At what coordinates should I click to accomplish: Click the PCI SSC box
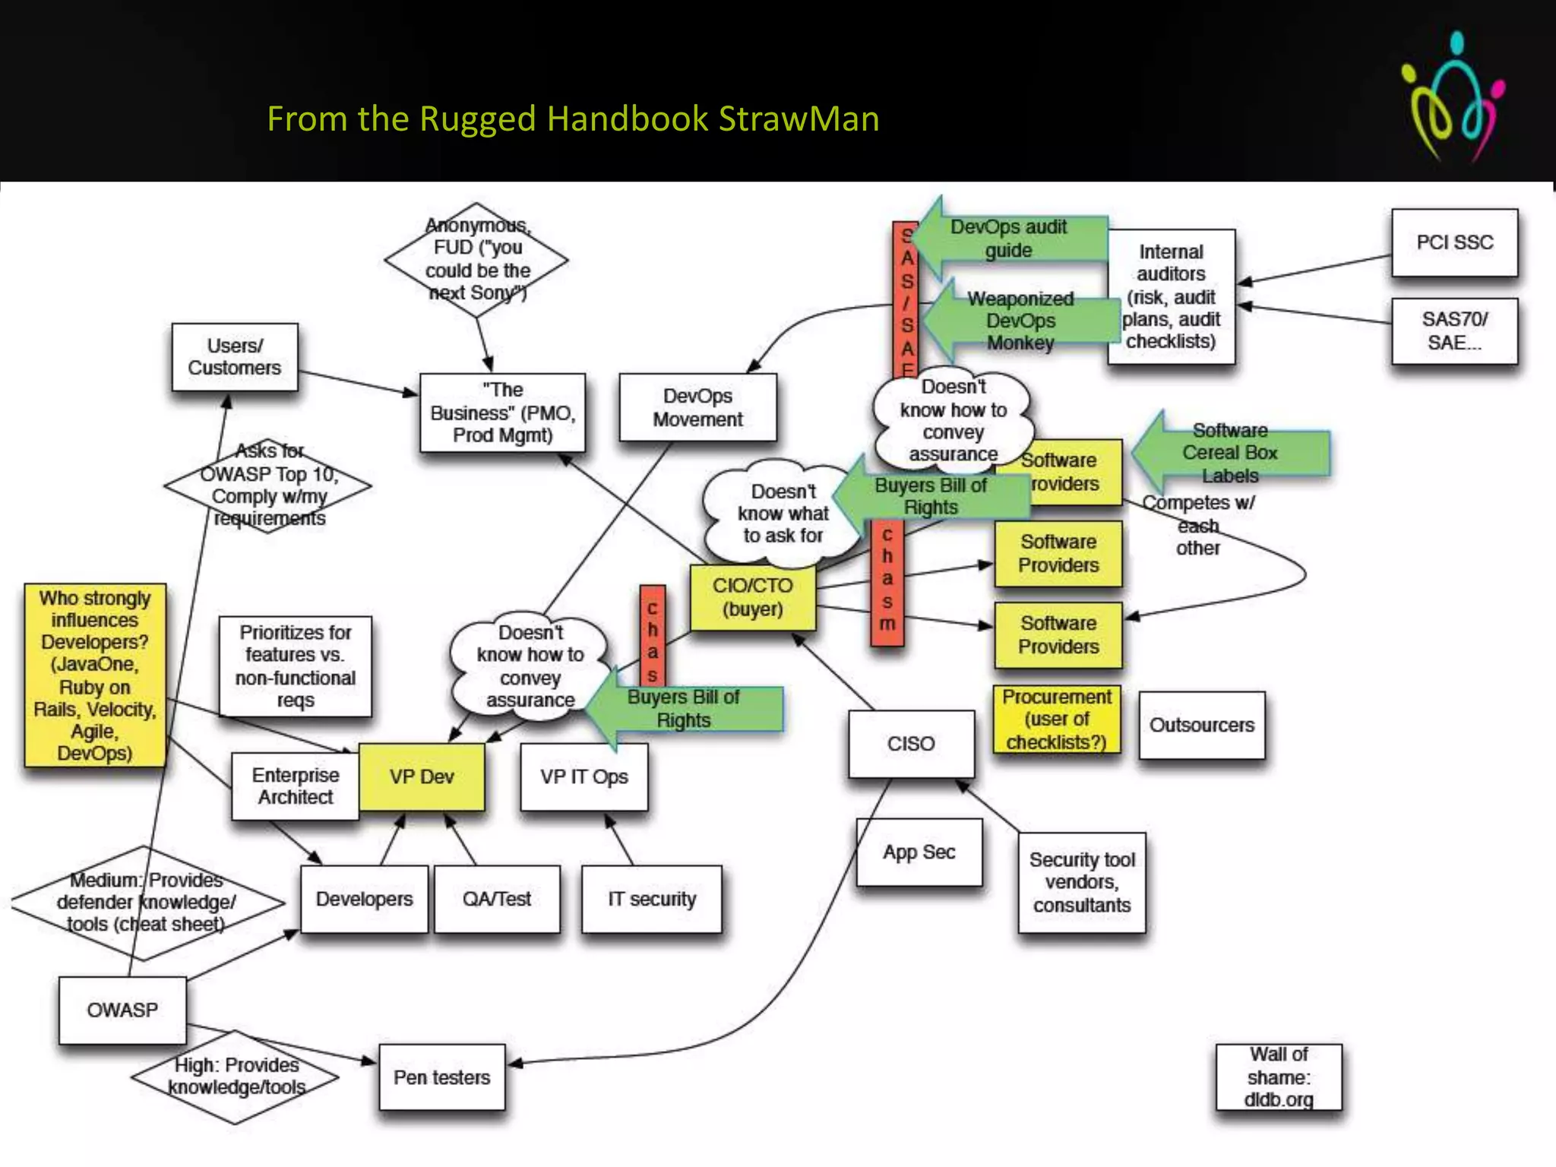click(1454, 243)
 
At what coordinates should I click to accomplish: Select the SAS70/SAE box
click(1454, 331)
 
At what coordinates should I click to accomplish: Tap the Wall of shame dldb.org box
click(1279, 1077)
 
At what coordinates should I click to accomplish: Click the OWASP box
click(122, 1010)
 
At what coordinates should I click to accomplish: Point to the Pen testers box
click(442, 1077)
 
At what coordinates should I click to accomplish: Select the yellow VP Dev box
click(422, 776)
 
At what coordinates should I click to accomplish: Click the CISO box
click(911, 744)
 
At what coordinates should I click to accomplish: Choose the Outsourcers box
click(1202, 725)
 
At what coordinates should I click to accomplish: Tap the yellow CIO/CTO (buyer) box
click(753, 598)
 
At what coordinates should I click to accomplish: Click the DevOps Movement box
click(697, 407)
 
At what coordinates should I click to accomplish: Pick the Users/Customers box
click(235, 357)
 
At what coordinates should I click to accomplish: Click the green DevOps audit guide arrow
click(1010, 239)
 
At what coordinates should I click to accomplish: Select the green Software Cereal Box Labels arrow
click(1231, 453)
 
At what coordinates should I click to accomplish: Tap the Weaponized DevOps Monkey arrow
click(1020, 321)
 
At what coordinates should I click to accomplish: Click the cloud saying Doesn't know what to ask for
click(783, 514)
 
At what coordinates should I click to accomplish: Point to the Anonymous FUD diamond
click(477, 259)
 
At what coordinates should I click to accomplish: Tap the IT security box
click(652, 900)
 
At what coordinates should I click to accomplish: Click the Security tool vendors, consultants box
click(1082, 883)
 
